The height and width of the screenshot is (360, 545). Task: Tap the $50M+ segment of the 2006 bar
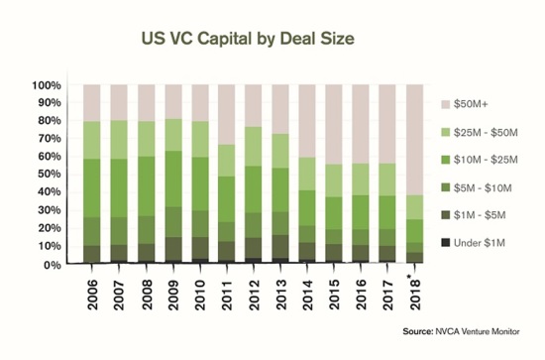coord(93,103)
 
